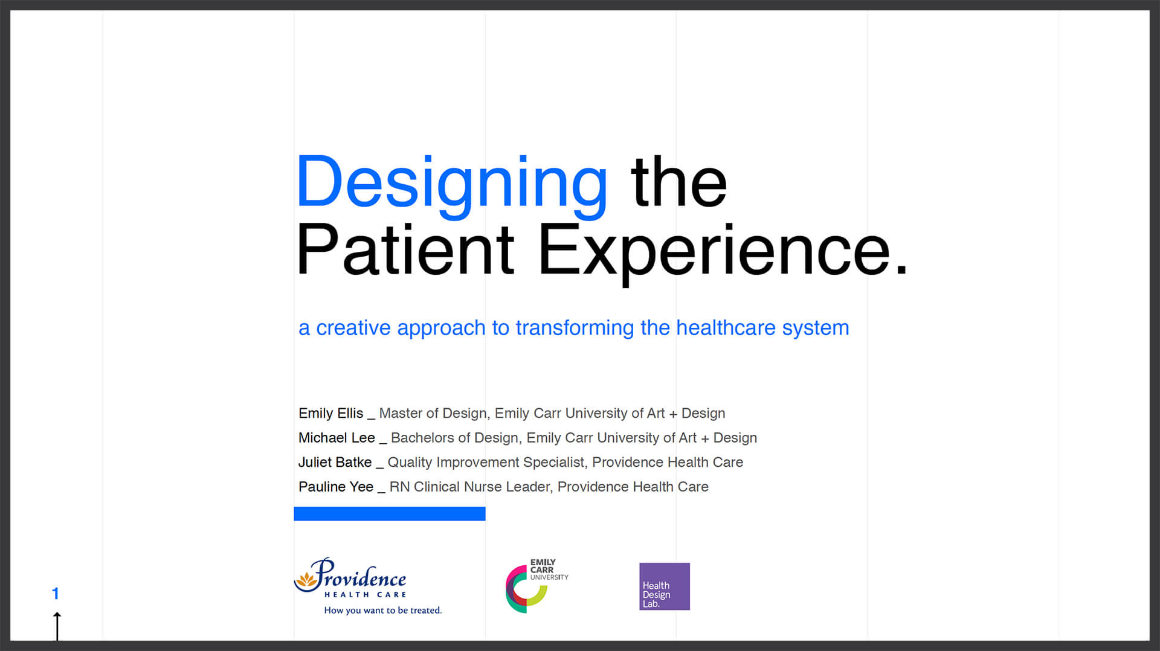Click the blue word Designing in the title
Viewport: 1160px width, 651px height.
pyautogui.click(x=452, y=185)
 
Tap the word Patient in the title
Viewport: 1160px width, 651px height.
pyautogui.click(x=405, y=249)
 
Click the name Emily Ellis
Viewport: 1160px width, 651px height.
pyautogui.click(x=330, y=413)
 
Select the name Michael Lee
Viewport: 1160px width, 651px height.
pyautogui.click(x=337, y=437)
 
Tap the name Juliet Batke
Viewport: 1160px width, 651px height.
pyautogui.click(x=335, y=462)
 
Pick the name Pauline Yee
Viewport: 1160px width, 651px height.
pyautogui.click(x=336, y=486)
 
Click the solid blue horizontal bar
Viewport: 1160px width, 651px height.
pyautogui.click(x=390, y=514)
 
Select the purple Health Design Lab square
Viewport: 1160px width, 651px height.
pyautogui.click(x=665, y=586)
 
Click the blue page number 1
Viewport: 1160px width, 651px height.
pyautogui.click(x=56, y=594)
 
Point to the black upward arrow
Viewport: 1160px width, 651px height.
pyautogui.click(x=57, y=626)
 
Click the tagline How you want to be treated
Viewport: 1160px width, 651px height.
pyautogui.click(x=383, y=610)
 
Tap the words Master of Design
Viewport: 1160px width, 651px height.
pyautogui.click(x=433, y=413)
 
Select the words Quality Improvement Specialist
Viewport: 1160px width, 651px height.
pyautogui.click(x=486, y=462)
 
